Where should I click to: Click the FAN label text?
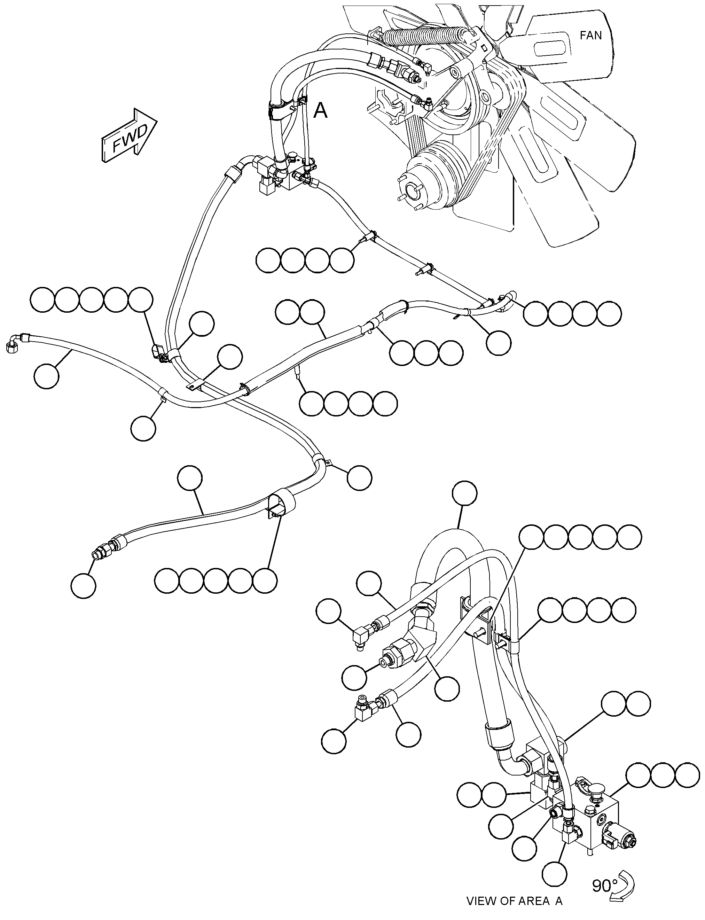point(590,36)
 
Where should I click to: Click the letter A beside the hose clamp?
point(321,110)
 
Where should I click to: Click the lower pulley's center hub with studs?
point(413,191)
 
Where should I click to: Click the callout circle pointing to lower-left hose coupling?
point(83,585)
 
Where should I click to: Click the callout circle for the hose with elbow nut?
point(47,376)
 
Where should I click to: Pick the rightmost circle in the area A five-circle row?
point(629,537)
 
